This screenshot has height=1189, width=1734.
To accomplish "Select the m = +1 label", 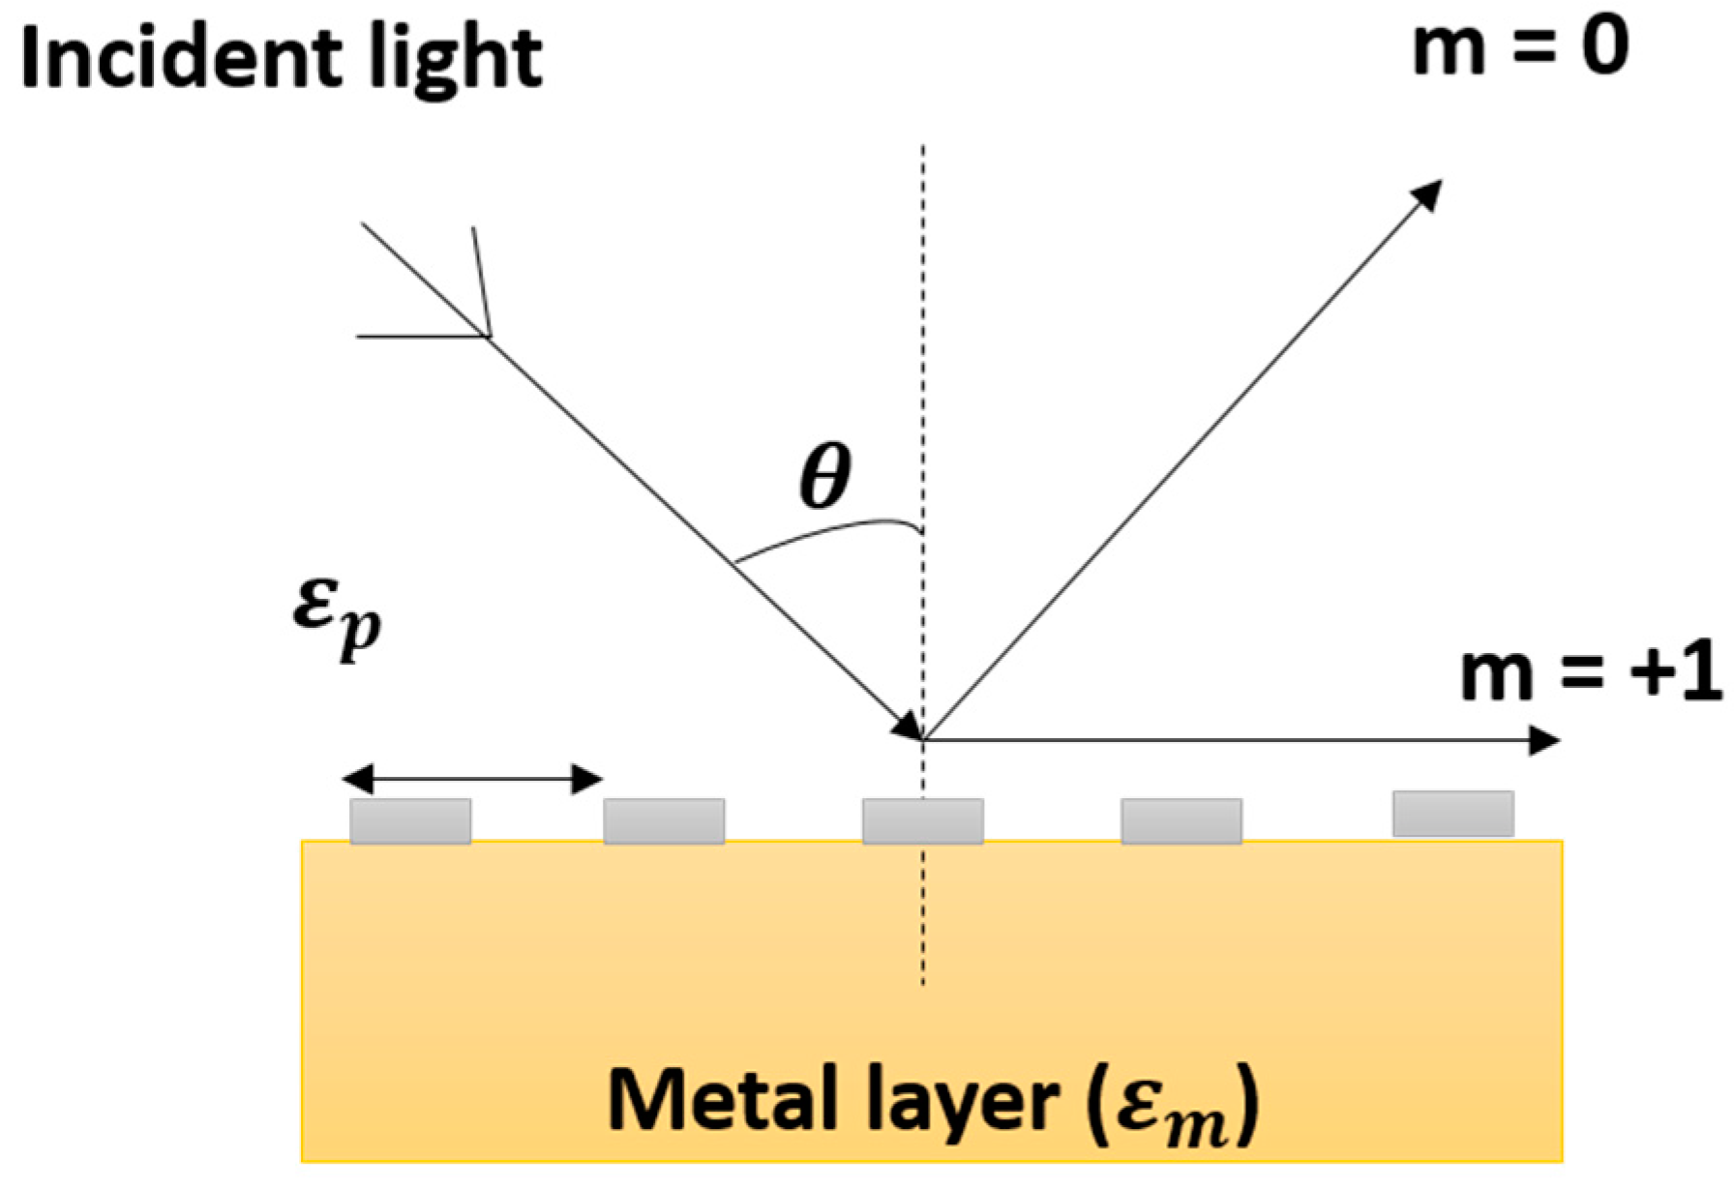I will [1591, 671].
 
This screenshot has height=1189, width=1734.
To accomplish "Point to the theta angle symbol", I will [825, 476].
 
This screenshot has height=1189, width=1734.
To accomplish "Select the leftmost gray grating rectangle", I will [410, 821].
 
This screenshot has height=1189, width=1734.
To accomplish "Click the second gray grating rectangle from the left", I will [664, 821].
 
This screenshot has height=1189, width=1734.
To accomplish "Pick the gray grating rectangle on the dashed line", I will [923, 821].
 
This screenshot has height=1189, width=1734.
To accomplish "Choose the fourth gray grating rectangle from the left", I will [1181, 821].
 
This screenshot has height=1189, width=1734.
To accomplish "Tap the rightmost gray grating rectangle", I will [1453, 814].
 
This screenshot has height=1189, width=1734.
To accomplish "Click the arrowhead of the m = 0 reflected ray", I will [1428, 193].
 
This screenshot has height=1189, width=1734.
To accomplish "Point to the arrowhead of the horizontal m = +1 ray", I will [1544, 741].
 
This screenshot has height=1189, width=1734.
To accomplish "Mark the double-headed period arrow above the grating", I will [472, 778].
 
